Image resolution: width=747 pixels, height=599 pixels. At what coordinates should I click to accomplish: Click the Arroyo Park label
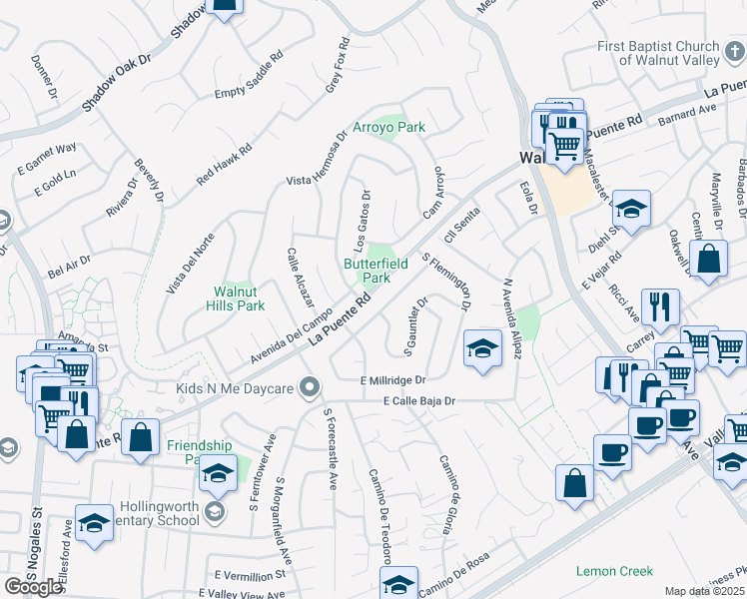pos(389,127)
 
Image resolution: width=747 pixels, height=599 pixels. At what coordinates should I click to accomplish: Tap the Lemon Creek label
pos(615,571)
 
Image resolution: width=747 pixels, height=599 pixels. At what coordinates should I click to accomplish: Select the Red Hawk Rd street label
pos(225,163)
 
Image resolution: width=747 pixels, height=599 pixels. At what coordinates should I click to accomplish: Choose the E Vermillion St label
pos(250,575)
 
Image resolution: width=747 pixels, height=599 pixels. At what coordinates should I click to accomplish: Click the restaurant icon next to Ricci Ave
pos(661,306)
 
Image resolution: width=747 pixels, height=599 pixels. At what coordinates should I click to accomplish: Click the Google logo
pos(33,586)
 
